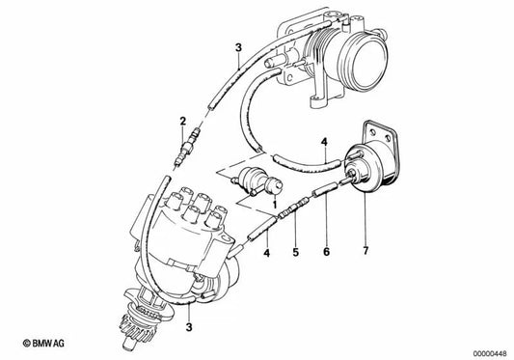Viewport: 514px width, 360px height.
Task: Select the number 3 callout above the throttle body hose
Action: [236, 45]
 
